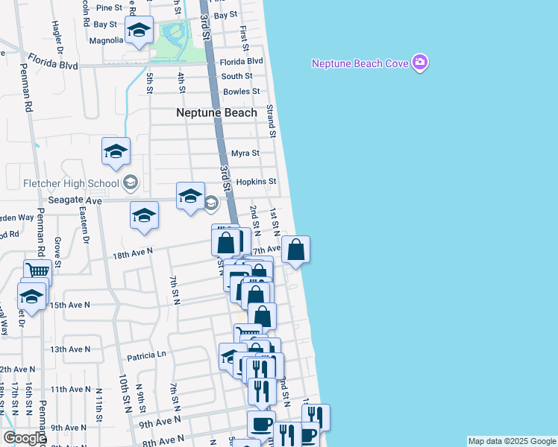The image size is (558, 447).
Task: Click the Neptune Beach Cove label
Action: click(x=360, y=63)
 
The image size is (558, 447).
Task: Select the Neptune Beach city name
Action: click(x=216, y=112)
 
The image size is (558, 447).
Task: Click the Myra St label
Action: click(x=245, y=153)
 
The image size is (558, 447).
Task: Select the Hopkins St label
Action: click(x=256, y=182)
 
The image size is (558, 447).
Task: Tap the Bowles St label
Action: click(x=240, y=92)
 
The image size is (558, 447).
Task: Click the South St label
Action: click(x=236, y=76)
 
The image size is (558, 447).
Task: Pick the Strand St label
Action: click(x=272, y=121)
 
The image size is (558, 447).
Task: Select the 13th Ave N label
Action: click(x=69, y=349)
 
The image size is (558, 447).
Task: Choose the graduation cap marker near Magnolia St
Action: click(x=139, y=30)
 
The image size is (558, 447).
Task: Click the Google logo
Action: click(x=25, y=438)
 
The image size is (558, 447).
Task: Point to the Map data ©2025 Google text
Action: click(x=512, y=441)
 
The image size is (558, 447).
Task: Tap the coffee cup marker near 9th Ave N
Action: click(x=261, y=424)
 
